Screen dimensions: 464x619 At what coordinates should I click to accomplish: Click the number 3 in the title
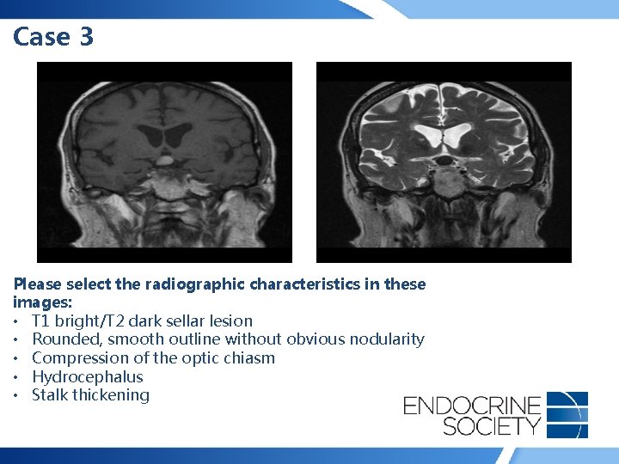click(84, 37)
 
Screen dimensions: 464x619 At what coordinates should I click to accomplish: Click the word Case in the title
click(40, 37)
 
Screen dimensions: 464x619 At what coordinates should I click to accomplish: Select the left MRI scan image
click(164, 162)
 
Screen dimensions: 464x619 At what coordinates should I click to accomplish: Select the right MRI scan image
click(444, 162)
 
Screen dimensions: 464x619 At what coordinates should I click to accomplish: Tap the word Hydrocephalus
click(88, 376)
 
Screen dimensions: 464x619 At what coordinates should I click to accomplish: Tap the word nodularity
click(385, 339)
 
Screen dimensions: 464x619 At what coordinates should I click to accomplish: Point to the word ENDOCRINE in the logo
click(472, 404)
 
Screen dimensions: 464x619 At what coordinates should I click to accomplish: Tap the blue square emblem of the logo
click(567, 414)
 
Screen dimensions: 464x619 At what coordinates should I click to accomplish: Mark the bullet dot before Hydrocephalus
click(18, 377)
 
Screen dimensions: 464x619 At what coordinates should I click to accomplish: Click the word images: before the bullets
click(40, 302)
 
